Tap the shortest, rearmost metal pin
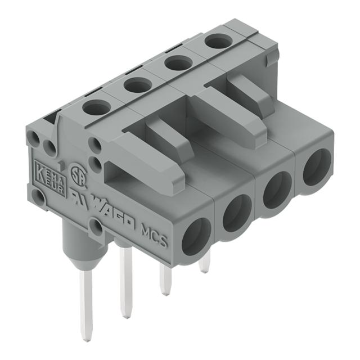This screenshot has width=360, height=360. point(205,262)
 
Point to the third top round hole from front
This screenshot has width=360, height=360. point(178,62)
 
